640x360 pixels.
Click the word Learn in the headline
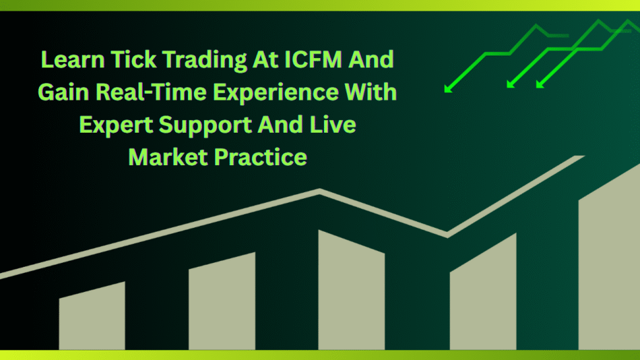(73, 59)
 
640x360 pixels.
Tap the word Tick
(133, 59)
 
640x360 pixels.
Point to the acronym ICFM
(313, 59)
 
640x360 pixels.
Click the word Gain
(63, 92)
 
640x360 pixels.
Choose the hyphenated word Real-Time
(151, 92)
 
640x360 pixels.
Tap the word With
(371, 92)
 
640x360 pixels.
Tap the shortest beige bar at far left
(92, 317)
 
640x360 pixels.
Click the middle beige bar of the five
(352, 291)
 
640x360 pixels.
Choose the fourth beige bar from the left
(483, 293)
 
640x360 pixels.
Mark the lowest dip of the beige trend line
(447, 235)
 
